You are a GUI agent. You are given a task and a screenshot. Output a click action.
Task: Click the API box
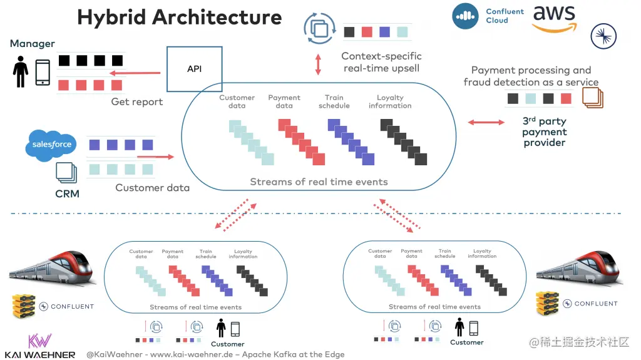tap(195, 68)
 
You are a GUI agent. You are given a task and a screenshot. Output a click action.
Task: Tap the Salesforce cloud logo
tap(49, 145)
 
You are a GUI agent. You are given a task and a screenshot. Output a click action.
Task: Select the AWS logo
tap(554, 19)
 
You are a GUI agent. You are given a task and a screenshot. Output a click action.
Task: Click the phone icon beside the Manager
tap(43, 73)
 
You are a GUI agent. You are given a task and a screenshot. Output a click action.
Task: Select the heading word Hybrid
tap(111, 17)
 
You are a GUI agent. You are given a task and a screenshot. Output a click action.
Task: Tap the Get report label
tap(136, 101)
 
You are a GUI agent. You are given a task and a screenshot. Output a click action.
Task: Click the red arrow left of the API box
tap(135, 73)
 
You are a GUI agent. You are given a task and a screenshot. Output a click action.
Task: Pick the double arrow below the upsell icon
tap(318, 64)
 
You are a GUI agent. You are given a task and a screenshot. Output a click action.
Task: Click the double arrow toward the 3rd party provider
tap(486, 123)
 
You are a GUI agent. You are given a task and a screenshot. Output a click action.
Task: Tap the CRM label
tap(67, 193)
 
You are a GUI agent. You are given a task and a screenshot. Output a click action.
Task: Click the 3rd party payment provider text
tap(544, 132)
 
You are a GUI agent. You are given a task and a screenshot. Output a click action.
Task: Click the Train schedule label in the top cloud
tap(334, 101)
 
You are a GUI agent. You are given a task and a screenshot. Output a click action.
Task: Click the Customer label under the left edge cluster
tap(227, 344)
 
